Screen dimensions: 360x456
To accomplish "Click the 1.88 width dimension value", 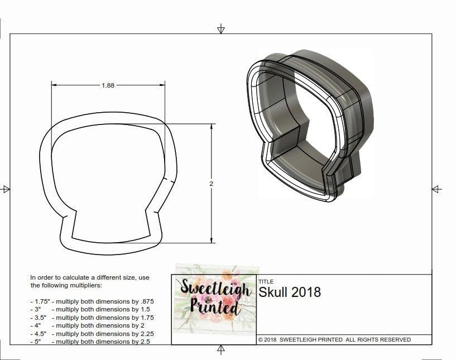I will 108,85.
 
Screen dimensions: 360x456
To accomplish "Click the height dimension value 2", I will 212,183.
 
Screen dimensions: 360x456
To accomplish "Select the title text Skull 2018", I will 290,292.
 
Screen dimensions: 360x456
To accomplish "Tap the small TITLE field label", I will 266,282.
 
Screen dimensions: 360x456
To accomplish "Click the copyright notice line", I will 334,339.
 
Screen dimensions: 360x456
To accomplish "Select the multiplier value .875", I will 144,301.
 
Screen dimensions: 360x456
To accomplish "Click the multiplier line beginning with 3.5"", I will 92,317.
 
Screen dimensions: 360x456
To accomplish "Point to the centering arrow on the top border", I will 221,29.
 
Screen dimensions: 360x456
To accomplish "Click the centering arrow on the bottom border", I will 221,349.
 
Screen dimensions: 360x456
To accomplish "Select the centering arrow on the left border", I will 6,189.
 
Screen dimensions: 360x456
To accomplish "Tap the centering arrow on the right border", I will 437,189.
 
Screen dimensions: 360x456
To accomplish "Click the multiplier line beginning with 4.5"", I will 92,333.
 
